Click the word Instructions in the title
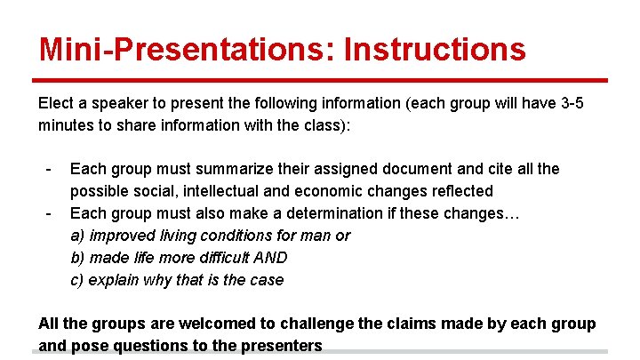coord(435,49)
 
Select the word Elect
coord(55,103)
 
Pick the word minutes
coord(66,125)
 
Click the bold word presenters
coord(279,346)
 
